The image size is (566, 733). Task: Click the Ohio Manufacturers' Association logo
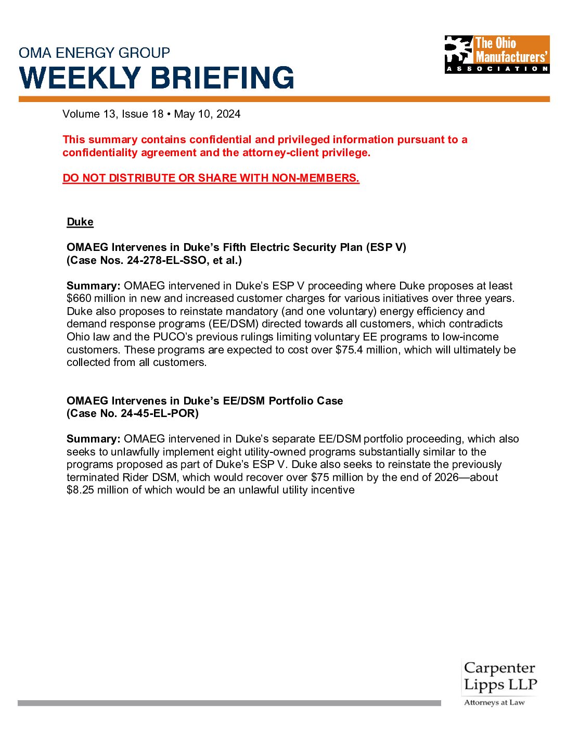[x=497, y=54]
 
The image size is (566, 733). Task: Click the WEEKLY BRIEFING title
[x=157, y=78]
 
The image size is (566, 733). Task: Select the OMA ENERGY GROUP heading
[x=94, y=53]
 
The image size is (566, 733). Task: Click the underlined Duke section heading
[x=80, y=222]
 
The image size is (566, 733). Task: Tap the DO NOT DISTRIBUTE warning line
[x=211, y=178]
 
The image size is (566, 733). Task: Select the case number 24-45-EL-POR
[x=159, y=413]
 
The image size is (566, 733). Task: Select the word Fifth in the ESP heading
[x=235, y=247]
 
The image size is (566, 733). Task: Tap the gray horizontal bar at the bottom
[x=229, y=703]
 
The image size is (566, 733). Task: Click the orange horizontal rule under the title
[x=284, y=99]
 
